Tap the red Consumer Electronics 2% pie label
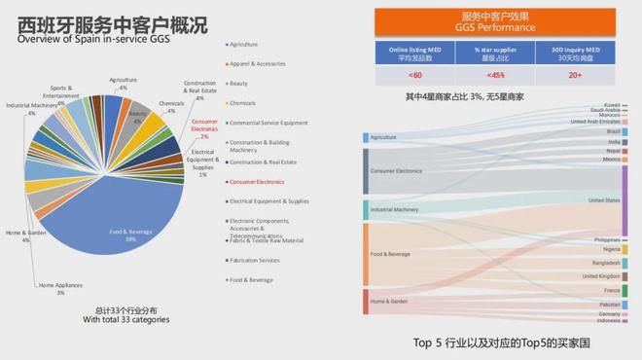[204, 128]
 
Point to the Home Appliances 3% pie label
[59, 288]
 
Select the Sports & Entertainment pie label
[61, 91]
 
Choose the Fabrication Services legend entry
[255, 260]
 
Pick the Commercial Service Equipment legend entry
[268, 123]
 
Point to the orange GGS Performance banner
[497, 21]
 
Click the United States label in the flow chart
[604, 199]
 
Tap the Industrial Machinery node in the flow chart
[394, 209]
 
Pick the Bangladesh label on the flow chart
[606, 263]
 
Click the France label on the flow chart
[611, 290]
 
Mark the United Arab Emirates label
[596, 121]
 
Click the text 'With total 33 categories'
[121, 319]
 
